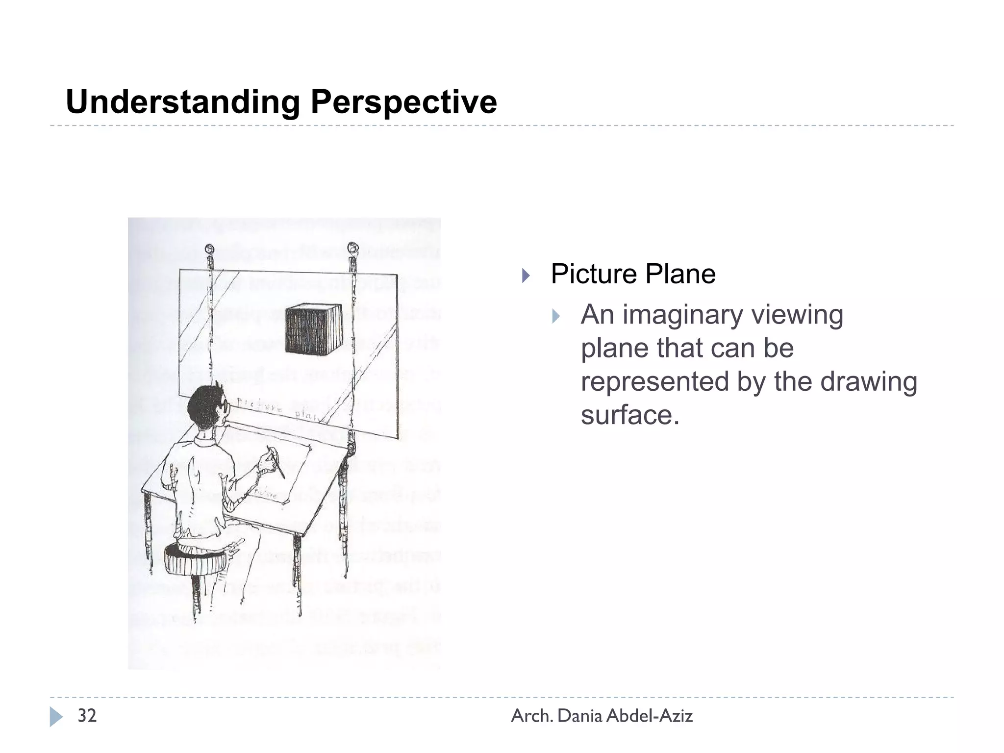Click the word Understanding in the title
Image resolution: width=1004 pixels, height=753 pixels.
coord(182,102)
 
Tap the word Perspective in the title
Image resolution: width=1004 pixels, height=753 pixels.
coord(403,102)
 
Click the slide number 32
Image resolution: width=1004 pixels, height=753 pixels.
coord(87,716)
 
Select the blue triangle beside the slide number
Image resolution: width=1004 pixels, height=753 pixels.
coord(56,717)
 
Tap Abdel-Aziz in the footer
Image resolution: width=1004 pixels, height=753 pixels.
coord(650,716)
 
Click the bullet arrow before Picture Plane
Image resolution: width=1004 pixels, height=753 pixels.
coord(526,275)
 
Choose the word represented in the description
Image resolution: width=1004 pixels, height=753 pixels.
coord(654,381)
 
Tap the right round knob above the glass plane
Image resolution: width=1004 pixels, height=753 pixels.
coord(352,248)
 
